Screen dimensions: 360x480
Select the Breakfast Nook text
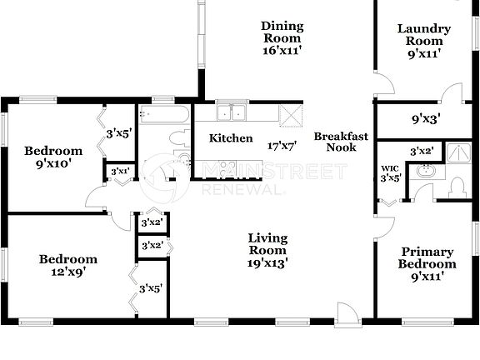(335, 142)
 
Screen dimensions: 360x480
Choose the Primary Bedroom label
(427, 257)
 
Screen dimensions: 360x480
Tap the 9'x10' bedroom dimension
(53, 163)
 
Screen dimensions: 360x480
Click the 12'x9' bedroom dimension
(68, 271)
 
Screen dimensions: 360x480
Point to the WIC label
(390, 168)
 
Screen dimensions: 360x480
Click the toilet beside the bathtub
(177, 137)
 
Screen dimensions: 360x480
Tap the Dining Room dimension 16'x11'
(282, 50)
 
